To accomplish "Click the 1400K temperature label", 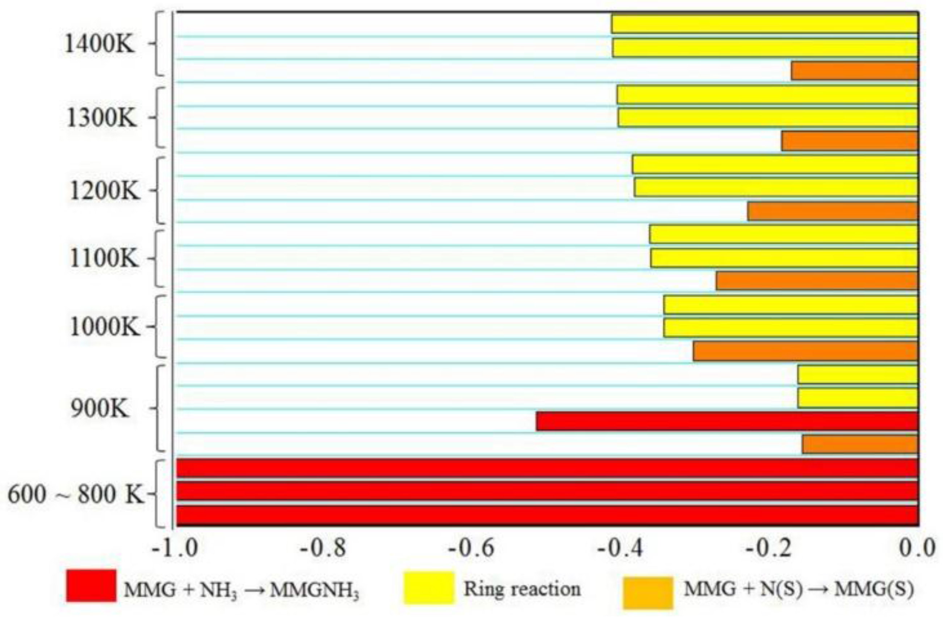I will coord(100,45).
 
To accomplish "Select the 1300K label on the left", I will coord(102,118).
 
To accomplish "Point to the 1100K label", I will coord(105,259).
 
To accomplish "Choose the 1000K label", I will coord(105,328).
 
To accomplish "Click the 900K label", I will coord(100,409).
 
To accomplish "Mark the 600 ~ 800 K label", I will coord(75,494).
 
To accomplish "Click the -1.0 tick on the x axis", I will coord(176,549).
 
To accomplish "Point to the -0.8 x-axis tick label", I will coord(323,549).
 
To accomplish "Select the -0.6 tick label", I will coord(472,549).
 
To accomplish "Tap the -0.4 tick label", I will coord(620,549).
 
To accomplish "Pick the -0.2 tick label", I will coord(769,549).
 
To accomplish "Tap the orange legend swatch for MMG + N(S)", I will coord(648,592).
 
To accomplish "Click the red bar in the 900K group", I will coord(727,421).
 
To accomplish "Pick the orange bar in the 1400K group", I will coord(855,71).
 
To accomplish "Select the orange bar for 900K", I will coord(860,444).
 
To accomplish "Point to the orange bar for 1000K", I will coord(805,351).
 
